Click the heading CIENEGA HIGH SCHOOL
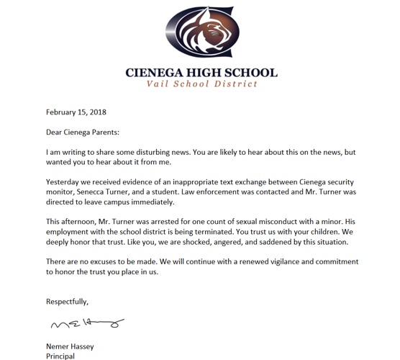point(201,72)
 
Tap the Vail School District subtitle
point(201,84)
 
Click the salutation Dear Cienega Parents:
point(83,132)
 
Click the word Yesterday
point(63,182)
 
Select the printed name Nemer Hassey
point(70,346)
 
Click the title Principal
point(60,356)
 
